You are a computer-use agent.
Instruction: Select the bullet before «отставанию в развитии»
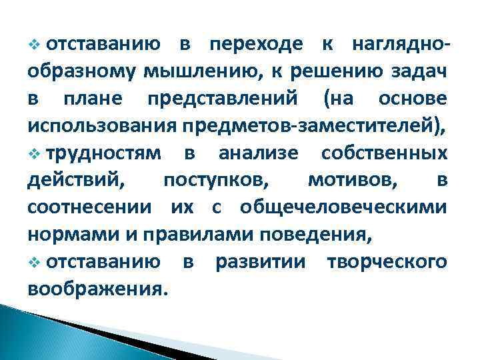click(35, 261)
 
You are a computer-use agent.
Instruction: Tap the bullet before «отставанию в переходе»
click(35, 45)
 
